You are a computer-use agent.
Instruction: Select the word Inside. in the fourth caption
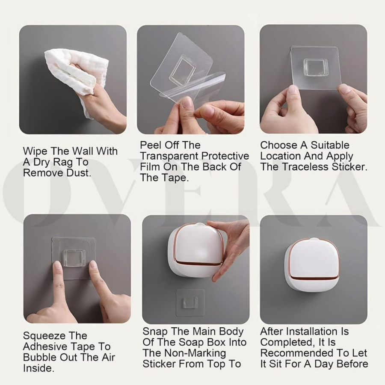pos(39,368)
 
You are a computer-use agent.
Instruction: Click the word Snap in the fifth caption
pos(155,332)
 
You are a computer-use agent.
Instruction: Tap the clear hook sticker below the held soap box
pos(190,302)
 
